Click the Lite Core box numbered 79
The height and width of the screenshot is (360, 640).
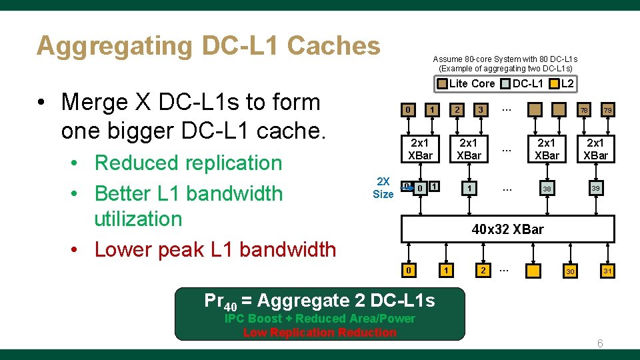pyautogui.click(x=607, y=109)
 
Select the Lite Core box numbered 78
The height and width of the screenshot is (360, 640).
pyautogui.click(x=583, y=109)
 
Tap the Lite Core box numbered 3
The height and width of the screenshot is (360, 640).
pyautogui.click(x=480, y=109)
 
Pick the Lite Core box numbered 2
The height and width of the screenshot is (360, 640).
pyautogui.click(x=457, y=109)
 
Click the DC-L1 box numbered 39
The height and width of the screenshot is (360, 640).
pyautogui.click(x=595, y=189)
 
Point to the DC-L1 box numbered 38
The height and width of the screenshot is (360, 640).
pyautogui.click(x=547, y=189)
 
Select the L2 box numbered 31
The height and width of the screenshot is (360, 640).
pyautogui.click(x=607, y=271)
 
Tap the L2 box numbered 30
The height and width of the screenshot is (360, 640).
pyautogui.click(x=570, y=271)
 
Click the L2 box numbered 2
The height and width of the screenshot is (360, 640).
pyautogui.click(x=483, y=270)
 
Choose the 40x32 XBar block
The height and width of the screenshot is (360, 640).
pyautogui.click(x=507, y=229)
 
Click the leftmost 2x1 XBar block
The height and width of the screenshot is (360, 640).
pyautogui.click(x=421, y=149)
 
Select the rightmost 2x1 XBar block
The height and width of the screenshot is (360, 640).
pyautogui.click(x=595, y=149)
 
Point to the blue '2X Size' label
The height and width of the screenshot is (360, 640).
pyautogui.click(x=383, y=187)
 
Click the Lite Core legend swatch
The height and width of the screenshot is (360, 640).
pyautogui.click(x=442, y=83)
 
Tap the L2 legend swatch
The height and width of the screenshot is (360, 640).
pyautogui.click(x=554, y=83)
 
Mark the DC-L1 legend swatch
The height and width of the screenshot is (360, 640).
pyautogui.click(x=506, y=83)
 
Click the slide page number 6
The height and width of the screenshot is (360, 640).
pyautogui.click(x=600, y=343)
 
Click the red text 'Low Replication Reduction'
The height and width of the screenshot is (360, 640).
pyautogui.click(x=319, y=333)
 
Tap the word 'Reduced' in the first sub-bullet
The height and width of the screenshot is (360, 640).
pyautogui.click(x=137, y=163)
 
